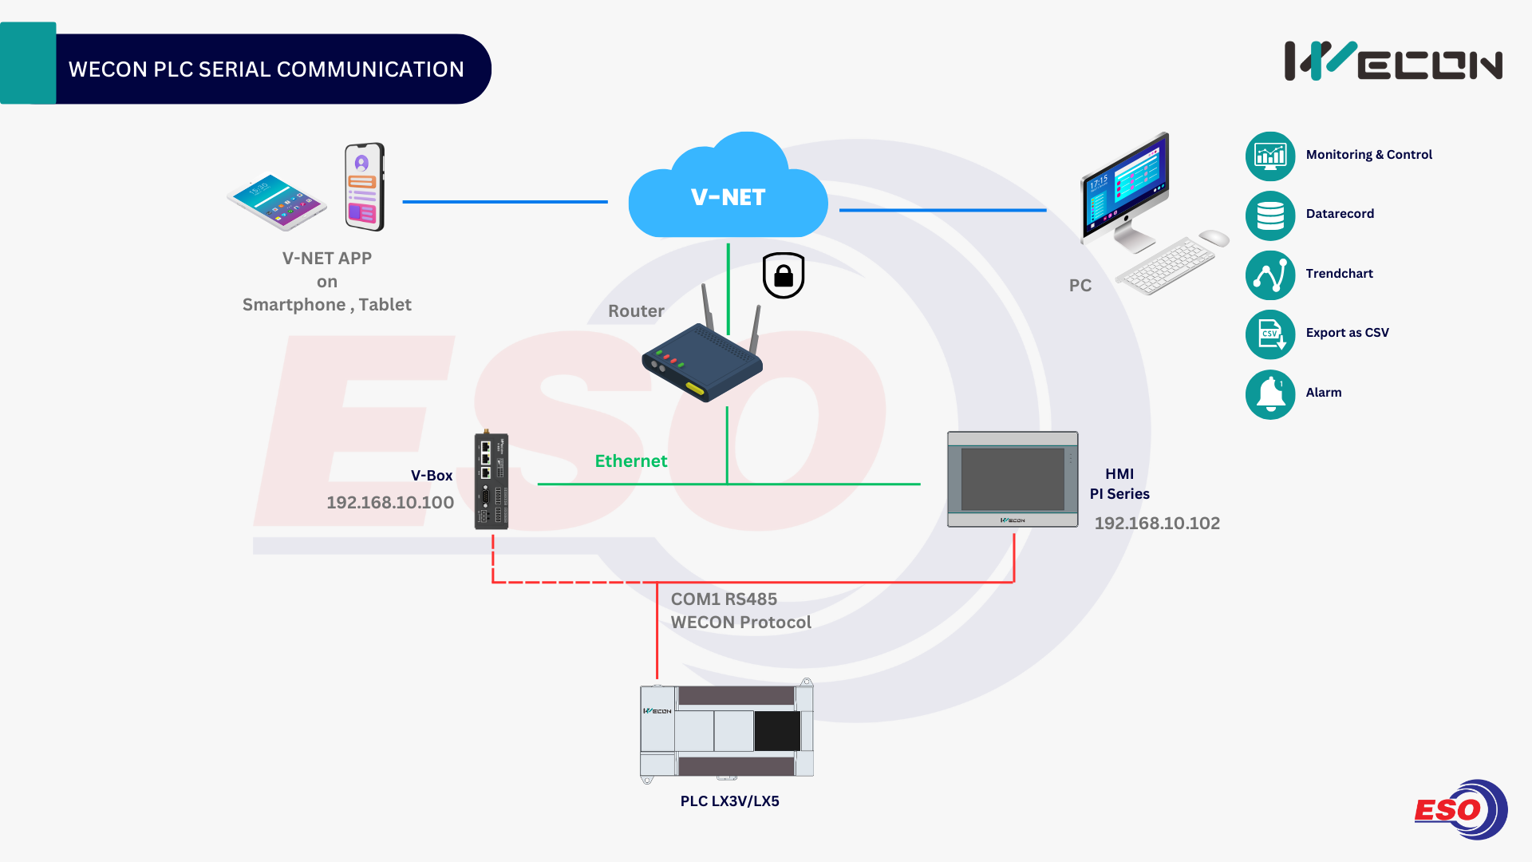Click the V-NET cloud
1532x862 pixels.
point(728,192)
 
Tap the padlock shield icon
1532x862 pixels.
point(784,275)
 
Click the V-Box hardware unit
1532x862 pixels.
point(492,481)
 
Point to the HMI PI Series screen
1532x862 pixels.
point(1013,480)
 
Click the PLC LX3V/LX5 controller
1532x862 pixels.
point(727,730)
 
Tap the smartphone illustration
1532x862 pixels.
point(365,187)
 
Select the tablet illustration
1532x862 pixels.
point(277,201)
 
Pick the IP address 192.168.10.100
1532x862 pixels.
point(390,503)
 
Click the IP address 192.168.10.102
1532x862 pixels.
point(1157,524)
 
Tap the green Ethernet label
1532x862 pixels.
point(631,461)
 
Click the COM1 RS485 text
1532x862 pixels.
point(724,599)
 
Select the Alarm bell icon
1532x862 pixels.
point(1270,394)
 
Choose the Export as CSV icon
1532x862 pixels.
point(1270,334)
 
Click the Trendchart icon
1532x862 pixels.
point(1270,275)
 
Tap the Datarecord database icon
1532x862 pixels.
point(1270,215)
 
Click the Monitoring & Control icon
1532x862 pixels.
point(1270,156)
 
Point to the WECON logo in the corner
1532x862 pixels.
point(1393,61)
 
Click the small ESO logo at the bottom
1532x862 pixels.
point(1460,810)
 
